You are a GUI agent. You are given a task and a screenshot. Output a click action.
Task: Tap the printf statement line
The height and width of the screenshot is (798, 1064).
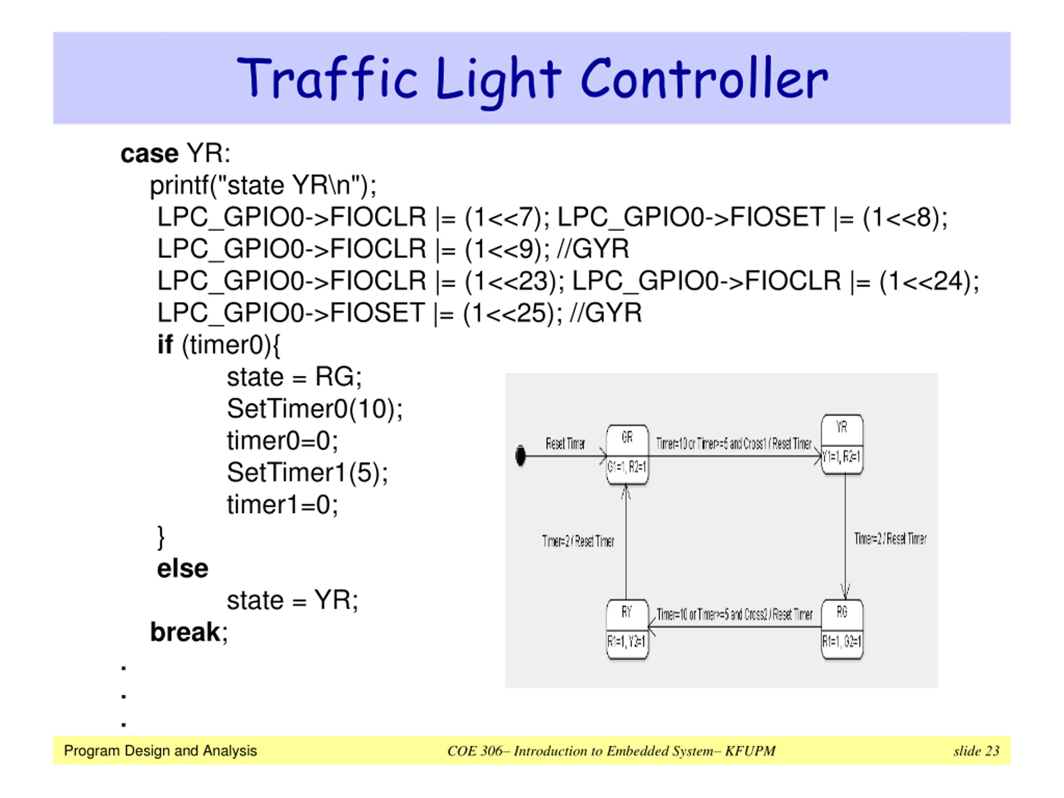tap(263, 186)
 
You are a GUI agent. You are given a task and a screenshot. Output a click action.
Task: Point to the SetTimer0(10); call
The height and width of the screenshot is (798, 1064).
tap(315, 409)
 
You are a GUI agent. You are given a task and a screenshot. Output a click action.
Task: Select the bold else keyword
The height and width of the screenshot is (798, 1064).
tap(182, 569)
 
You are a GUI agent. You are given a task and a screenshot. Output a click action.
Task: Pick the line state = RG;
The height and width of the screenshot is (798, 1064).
tap(294, 377)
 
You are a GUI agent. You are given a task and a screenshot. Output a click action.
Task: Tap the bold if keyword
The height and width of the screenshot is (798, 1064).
tap(165, 345)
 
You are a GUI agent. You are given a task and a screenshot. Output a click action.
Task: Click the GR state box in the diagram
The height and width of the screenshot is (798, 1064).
tap(627, 455)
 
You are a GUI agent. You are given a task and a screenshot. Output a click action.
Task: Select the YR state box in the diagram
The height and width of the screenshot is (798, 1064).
tap(842, 444)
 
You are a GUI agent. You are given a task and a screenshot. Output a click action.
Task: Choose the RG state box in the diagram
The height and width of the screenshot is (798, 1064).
tap(842, 629)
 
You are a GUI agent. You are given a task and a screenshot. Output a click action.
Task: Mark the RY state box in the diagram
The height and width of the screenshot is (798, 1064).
tap(627, 629)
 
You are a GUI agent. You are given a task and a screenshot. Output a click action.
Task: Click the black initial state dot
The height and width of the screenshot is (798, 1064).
tap(520, 456)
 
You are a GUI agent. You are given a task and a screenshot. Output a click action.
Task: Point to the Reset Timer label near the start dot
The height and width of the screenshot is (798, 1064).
tap(565, 443)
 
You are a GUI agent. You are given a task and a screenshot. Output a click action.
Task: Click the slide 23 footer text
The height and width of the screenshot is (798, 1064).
tap(976, 751)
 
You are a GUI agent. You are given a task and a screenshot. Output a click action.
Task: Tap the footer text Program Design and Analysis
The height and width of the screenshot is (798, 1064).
tap(160, 751)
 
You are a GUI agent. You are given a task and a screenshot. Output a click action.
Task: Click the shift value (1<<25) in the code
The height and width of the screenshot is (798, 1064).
tap(512, 313)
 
